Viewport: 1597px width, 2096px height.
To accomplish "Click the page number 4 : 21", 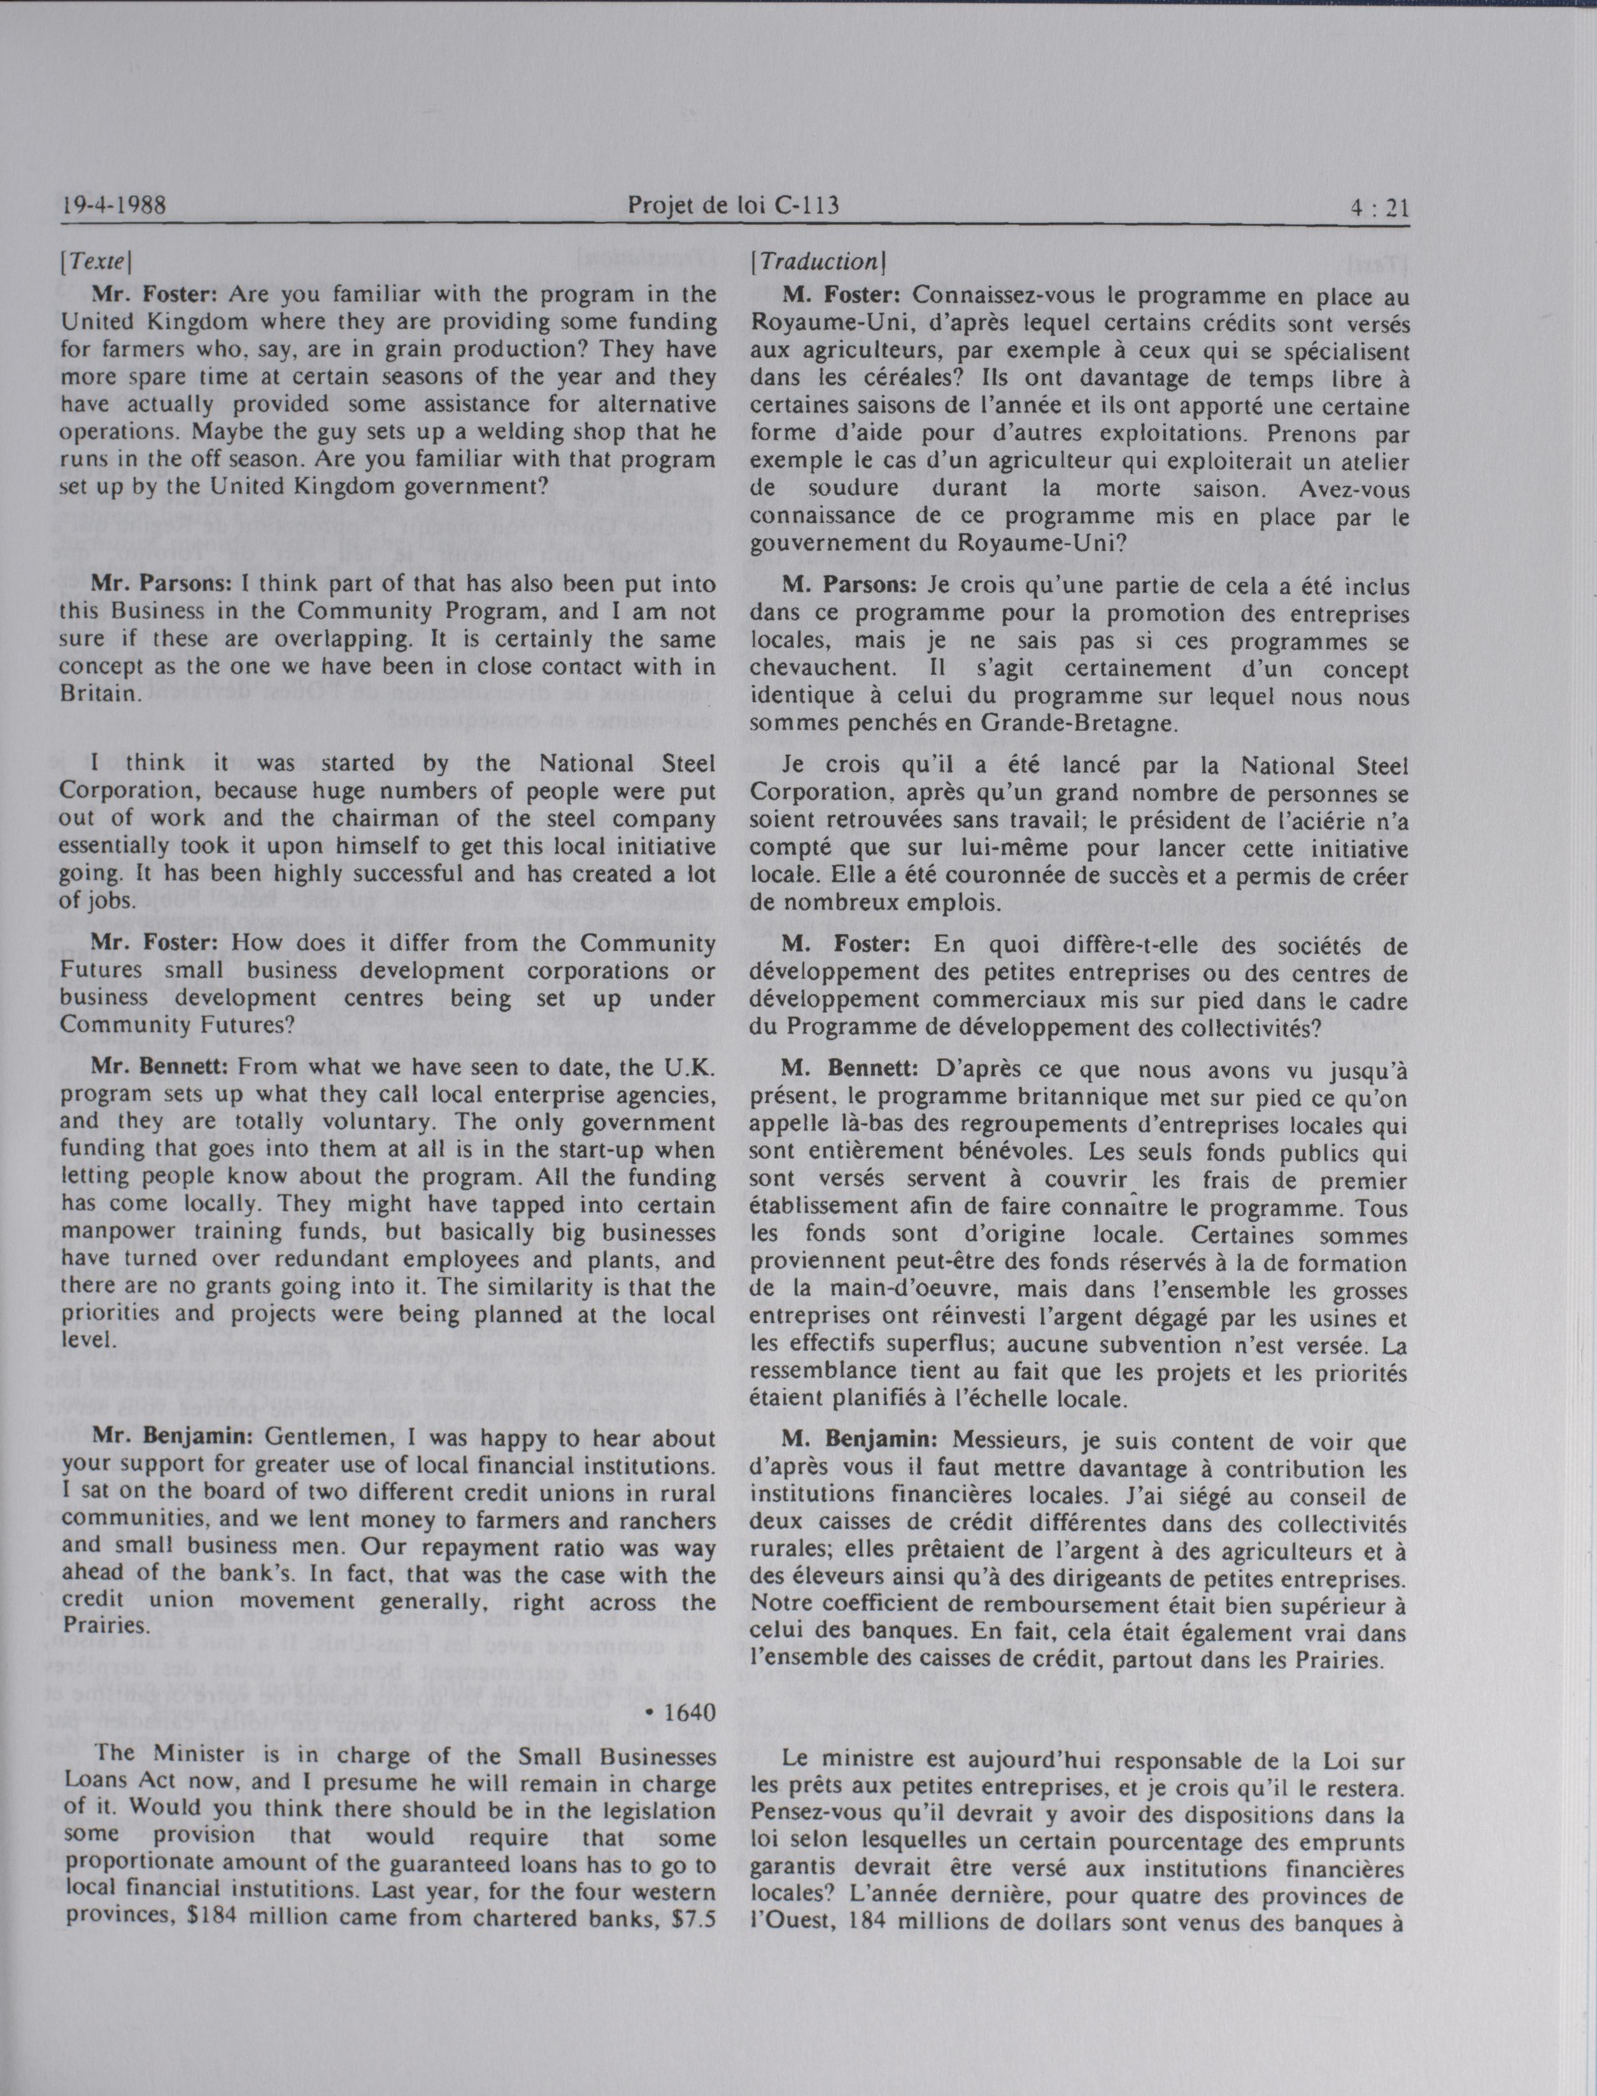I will tap(1379, 206).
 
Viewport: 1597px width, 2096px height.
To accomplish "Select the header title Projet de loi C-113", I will tap(733, 204).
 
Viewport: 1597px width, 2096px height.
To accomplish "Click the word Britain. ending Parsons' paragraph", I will tap(101, 693).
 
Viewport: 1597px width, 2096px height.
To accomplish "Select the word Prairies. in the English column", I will tap(103, 1624).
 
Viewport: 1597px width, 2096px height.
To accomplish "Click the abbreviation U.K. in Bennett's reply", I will tap(681, 1066).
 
